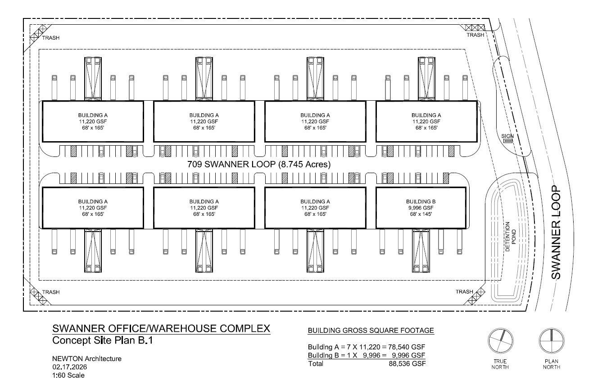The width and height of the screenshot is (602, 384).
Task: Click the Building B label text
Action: (x=421, y=201)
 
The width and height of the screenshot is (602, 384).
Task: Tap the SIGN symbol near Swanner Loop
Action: (x=507, y=141)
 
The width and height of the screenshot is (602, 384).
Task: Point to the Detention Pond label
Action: (x=510, y=237)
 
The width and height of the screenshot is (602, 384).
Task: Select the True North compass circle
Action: (x=500, y=341)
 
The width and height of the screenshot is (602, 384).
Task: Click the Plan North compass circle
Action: (x=552, y=341)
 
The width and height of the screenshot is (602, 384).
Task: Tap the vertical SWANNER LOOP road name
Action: (x=556, y=232)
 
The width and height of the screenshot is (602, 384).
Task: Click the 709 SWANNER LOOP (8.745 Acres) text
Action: (x=259, y=164)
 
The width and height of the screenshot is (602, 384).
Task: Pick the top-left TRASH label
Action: (x=51, y=38)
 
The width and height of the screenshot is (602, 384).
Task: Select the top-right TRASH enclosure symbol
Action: (x=475, y=27)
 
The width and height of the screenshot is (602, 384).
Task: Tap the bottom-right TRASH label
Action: (x=464, y=292)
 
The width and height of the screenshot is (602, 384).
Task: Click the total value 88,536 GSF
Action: (x=407, y=364)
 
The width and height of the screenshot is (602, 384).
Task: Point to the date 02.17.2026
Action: (x=70, y=367)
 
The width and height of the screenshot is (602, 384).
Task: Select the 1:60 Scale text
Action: (x=68, y=375)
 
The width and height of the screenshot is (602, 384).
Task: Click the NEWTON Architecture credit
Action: (x=87, y=359)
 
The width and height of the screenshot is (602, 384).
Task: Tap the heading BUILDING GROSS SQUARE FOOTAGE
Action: (x=371, y=330)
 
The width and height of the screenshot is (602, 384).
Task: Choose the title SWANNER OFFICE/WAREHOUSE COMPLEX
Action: (x=161, y=328)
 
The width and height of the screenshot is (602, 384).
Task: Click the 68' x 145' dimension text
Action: (x=421, y=214)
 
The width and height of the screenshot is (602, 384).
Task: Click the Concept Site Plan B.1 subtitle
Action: (x=103, y=340)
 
